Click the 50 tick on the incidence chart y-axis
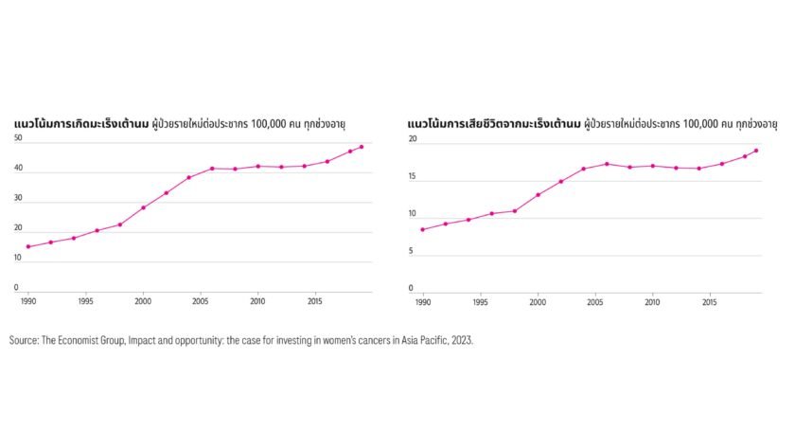(18, 139)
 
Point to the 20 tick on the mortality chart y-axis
(412, 139)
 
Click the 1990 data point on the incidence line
(28, 246)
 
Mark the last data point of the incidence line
(362, 147)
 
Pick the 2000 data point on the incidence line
(143, 207)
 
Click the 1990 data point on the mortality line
(422, 229)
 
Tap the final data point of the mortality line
(755, 151)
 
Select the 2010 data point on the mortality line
(652, 166)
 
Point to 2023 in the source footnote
(460, 339)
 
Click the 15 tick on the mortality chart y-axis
(412, 177)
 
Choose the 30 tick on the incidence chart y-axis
(18, 201)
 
